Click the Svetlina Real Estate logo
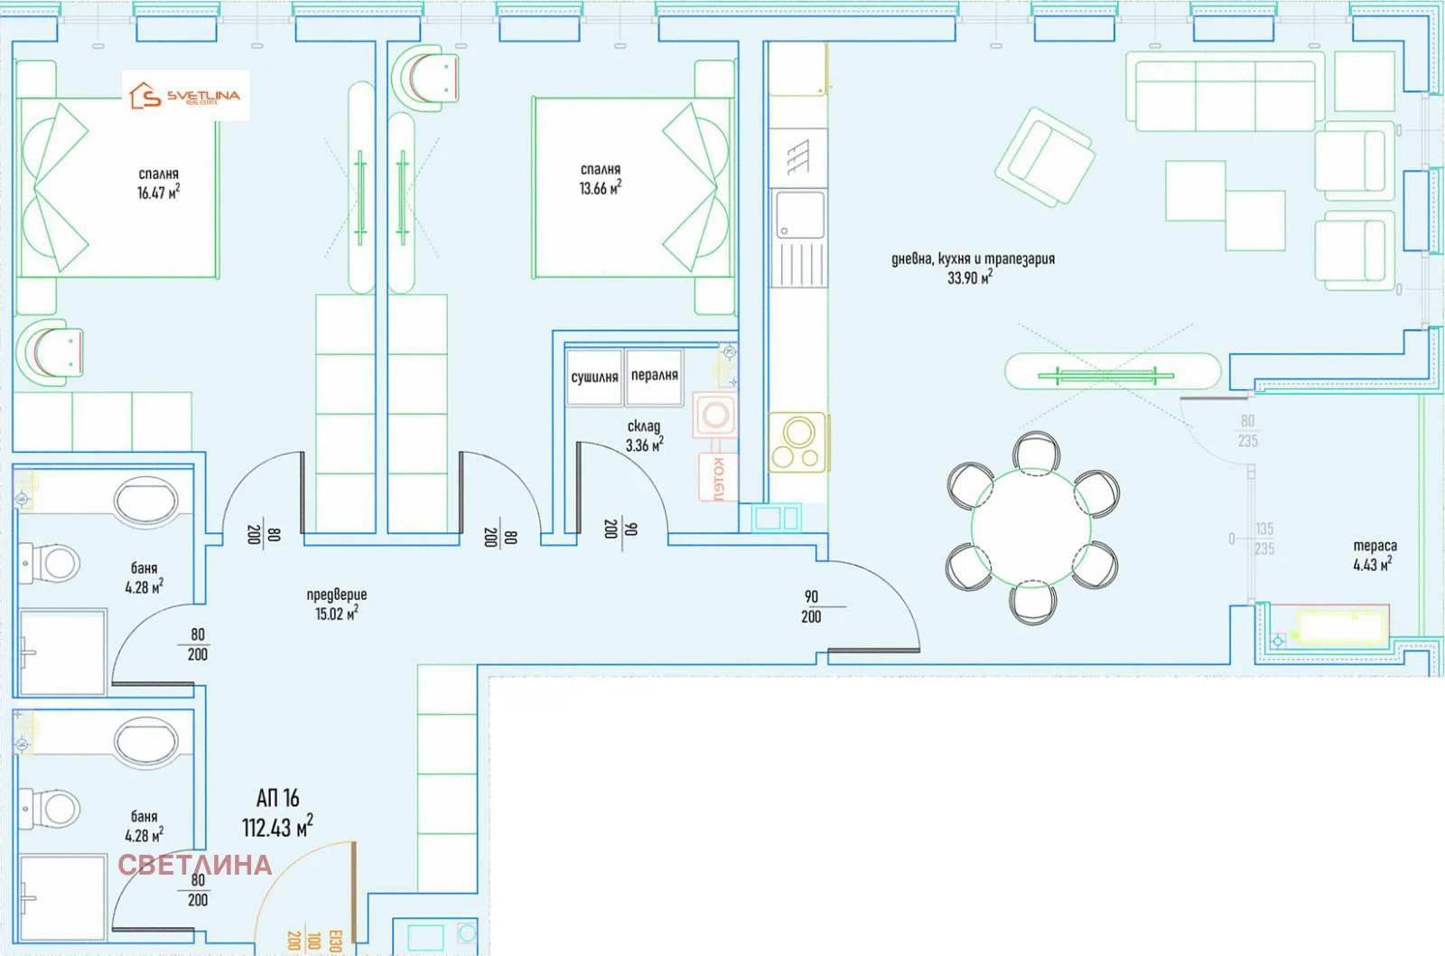coord(185,96)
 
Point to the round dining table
coord(1030,529)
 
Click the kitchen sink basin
coord(799,216)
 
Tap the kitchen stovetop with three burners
coord(798,443)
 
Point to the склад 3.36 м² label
coord(644,436)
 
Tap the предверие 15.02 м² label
coord(336,604)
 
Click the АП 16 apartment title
coord(277,799)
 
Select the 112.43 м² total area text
coord(277,826)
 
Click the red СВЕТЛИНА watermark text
coord(195,865)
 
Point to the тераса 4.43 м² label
coord(1374,555)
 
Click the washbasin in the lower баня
coord(146,741)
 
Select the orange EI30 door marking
coord(335,941)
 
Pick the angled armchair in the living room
coord(1044,157)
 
